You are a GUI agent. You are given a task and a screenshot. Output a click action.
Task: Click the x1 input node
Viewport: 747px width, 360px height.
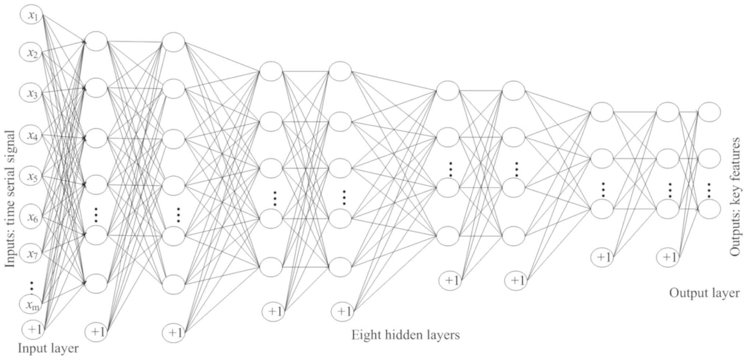pyautogui.click(x=32, y=15)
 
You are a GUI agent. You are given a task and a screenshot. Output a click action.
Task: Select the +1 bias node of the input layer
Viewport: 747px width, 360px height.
pyautogui.click(x=33, y=329)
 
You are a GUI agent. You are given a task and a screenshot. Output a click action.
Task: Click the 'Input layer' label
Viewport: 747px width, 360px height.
pyautogui.click(x=48, y=348)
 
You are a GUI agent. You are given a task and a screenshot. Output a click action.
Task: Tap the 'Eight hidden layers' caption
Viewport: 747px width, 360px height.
pyautogui.click(x=405, y=335)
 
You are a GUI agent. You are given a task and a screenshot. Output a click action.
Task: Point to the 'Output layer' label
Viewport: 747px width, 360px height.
pyautogui.click(x=704, y=293)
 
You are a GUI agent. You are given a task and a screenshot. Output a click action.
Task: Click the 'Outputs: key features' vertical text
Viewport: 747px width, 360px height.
pyautogui.click(x=734, y=197)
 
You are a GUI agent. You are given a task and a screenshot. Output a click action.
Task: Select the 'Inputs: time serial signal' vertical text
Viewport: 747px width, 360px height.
pyautogui.click(x=10, y=199)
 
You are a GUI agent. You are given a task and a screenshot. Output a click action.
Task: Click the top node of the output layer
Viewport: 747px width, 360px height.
pyautogui.click(x=709, y=112)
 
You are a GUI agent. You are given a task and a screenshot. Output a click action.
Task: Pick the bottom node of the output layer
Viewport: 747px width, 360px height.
pyautogui.click(x=709, y=209)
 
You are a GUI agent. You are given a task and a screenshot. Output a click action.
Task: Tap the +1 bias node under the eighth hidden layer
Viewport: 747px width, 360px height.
pyautogui.click(x=668, y=257)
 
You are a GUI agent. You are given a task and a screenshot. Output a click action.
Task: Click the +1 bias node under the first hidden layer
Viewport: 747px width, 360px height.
pyautogui.click(x=96, y=332)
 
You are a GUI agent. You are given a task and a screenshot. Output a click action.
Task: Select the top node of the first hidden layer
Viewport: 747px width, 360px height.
pyautogui.click(x=96, y=41)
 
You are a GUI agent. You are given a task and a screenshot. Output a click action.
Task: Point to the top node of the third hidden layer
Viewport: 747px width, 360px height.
pyautogui.click(x=271, y=71)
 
